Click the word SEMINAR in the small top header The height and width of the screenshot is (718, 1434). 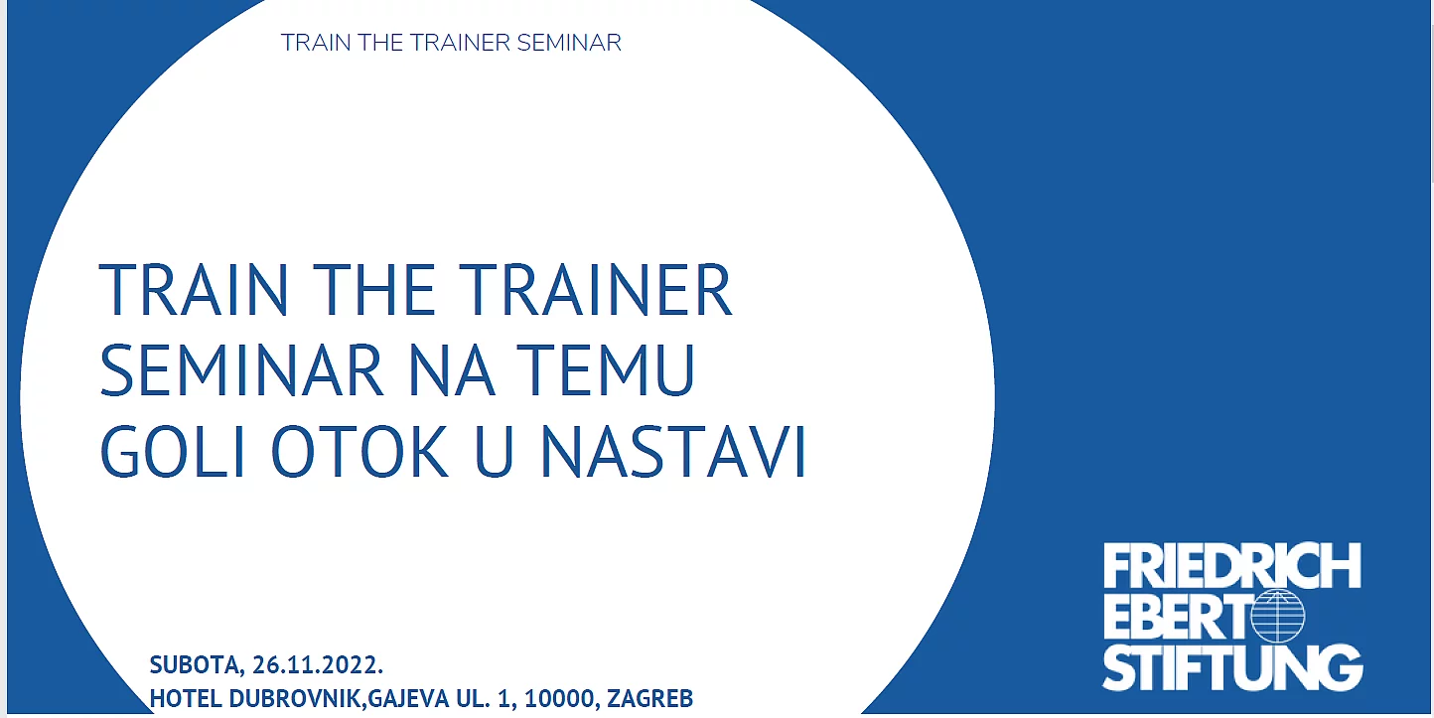568,43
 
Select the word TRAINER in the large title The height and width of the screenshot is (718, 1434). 596,289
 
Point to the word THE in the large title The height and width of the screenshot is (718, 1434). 373,289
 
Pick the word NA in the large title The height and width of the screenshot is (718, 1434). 451,369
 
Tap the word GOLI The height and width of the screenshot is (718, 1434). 173,451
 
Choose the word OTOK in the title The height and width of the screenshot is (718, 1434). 359,451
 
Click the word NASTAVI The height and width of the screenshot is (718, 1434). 673,451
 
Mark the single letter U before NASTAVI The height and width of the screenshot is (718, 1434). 495,451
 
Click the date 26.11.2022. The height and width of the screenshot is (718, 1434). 318,665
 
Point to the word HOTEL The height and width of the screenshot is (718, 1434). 186,698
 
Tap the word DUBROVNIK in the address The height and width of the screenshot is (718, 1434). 297,698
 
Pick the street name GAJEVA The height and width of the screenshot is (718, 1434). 408,698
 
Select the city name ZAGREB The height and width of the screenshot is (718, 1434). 649,698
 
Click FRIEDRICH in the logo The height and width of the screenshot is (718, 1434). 1232,566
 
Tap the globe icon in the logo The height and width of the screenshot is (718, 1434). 1278,617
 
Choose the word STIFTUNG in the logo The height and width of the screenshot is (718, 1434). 1232,668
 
